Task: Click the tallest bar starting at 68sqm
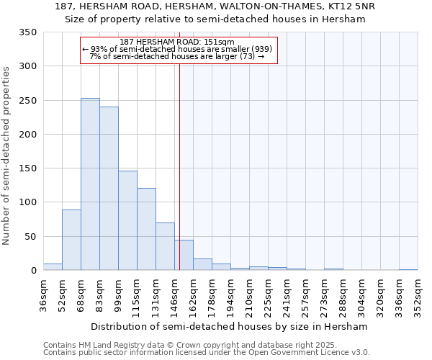(90, 184)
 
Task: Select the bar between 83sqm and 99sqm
(109, 189)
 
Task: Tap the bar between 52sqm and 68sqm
(71, 240)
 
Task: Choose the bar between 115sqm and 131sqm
(146, 229)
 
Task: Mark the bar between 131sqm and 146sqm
(165, 246)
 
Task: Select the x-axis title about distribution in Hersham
(230, 326)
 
